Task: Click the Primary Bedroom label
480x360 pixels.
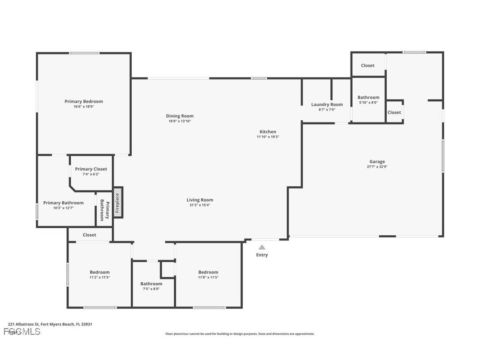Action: point(84,101)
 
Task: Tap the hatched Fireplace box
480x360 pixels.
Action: point(118,203)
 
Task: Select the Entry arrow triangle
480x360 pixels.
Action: point(262,247)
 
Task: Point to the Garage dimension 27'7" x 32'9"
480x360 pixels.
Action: point(377,167)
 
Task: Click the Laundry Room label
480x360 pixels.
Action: point(327,104)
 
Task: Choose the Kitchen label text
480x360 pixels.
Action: point(268,131)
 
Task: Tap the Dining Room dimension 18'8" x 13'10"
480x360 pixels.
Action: point(179,121)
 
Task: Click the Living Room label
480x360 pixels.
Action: point(200,199)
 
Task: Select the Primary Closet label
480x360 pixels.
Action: point(91,169)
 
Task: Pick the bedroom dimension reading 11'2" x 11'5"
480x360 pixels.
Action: point(99,277)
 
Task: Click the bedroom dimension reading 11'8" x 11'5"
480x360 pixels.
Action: point(208,277)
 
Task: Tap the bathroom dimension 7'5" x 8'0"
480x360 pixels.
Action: point(151,289)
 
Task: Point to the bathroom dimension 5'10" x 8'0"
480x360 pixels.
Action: point(368,103)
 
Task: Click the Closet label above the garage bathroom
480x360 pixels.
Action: point(367,65)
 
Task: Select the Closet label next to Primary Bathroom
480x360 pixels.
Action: point(89,235)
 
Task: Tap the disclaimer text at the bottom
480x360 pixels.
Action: point(240,334)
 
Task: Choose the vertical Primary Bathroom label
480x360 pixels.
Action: point(104,210)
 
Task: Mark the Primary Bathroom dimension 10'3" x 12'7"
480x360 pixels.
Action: point(63,208)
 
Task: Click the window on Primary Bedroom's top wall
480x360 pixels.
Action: point(84,53)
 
